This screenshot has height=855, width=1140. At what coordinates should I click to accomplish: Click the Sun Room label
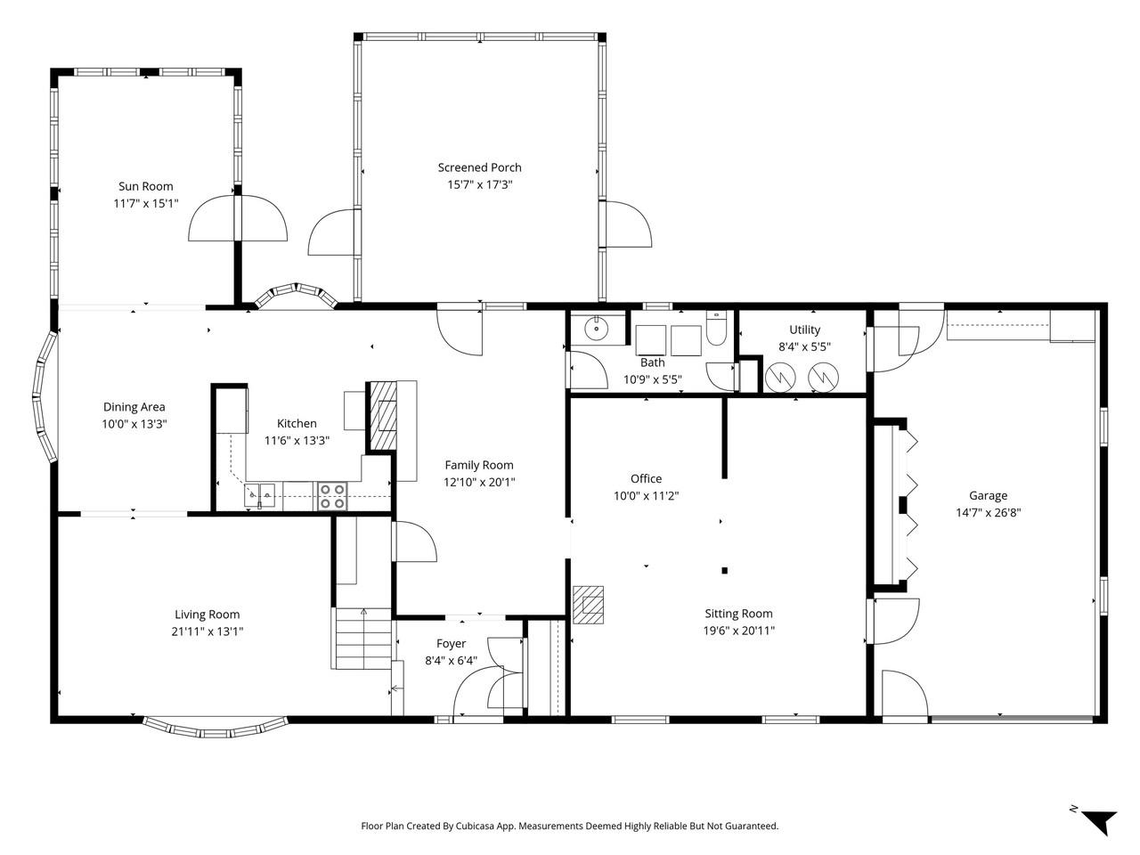145,186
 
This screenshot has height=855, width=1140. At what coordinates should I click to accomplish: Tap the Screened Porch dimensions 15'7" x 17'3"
479,184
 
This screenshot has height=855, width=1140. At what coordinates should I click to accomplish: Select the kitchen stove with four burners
332,496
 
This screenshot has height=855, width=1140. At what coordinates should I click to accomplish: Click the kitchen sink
258,494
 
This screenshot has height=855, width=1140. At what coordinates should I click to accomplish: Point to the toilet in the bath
717,330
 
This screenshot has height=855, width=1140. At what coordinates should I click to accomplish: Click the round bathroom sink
595,329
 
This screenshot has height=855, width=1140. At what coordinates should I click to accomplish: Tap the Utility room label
804,330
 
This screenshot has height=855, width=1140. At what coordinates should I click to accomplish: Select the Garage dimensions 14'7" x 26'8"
988,513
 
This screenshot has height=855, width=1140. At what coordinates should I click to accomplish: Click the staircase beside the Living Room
362,638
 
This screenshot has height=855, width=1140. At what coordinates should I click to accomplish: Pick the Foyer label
451,644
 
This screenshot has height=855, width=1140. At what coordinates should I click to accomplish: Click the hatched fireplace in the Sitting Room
589,607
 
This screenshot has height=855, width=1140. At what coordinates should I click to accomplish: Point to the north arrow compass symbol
1098,820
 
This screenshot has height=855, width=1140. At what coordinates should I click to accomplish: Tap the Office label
646,478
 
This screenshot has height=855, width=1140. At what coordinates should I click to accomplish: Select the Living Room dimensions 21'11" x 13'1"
207,631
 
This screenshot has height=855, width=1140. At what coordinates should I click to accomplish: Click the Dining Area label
134,407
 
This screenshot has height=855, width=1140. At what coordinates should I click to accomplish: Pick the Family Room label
479,464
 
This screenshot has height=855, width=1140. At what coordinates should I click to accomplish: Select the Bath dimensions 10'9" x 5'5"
652,379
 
